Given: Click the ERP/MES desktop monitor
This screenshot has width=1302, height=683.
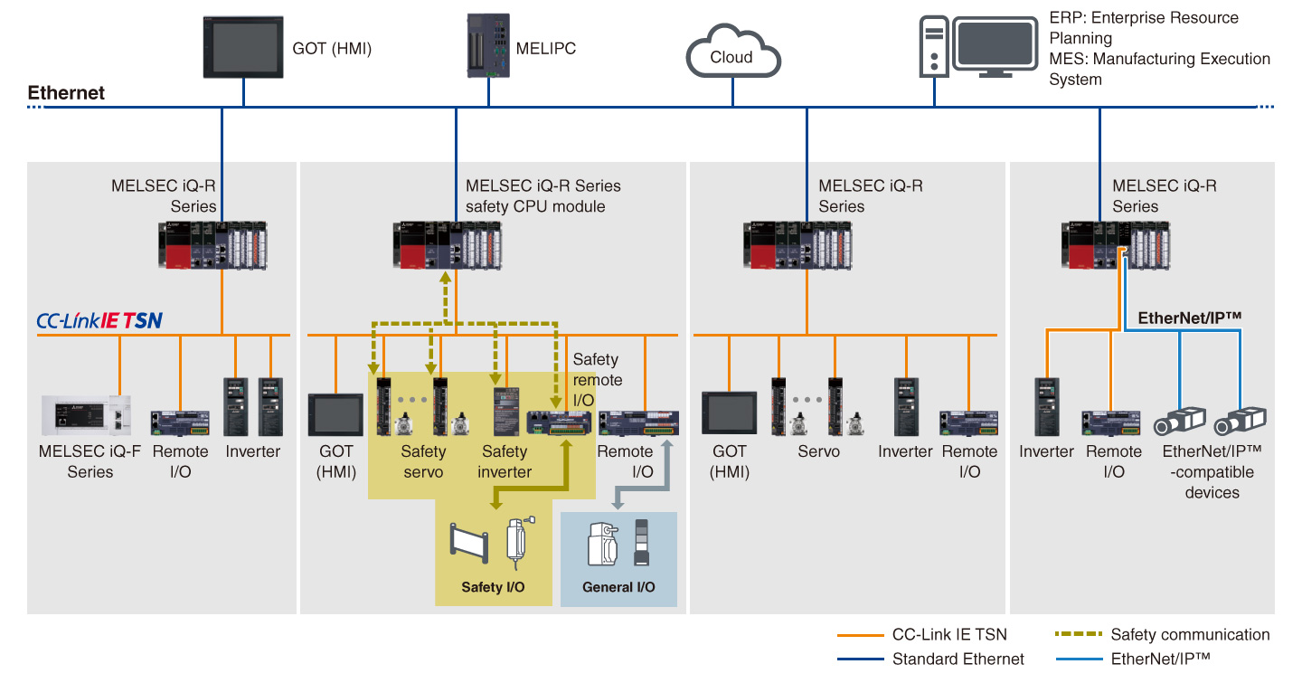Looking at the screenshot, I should (995, 46).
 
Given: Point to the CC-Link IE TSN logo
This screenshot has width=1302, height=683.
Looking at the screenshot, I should (99, 319).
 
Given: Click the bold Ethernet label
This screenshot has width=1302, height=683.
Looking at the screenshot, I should (66, 93).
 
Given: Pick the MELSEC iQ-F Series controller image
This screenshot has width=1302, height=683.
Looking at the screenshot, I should (85, 415).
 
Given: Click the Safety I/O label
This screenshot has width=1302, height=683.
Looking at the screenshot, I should (494, 587).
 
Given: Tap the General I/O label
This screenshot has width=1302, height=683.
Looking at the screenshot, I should (619, 587).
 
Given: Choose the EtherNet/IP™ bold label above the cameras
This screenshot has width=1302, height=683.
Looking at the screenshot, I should (1189, 318).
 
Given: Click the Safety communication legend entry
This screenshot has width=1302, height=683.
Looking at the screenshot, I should (1190, 635).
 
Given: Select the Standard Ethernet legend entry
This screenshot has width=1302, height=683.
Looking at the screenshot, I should (958, 659).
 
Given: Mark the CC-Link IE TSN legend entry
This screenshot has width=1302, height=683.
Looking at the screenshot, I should (948, 635).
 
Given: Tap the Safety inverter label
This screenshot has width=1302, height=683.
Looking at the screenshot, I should (505, 461).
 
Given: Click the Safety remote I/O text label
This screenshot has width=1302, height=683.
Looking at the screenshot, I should (598, 379).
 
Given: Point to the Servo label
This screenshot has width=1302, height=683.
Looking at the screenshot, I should (818, 451).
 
